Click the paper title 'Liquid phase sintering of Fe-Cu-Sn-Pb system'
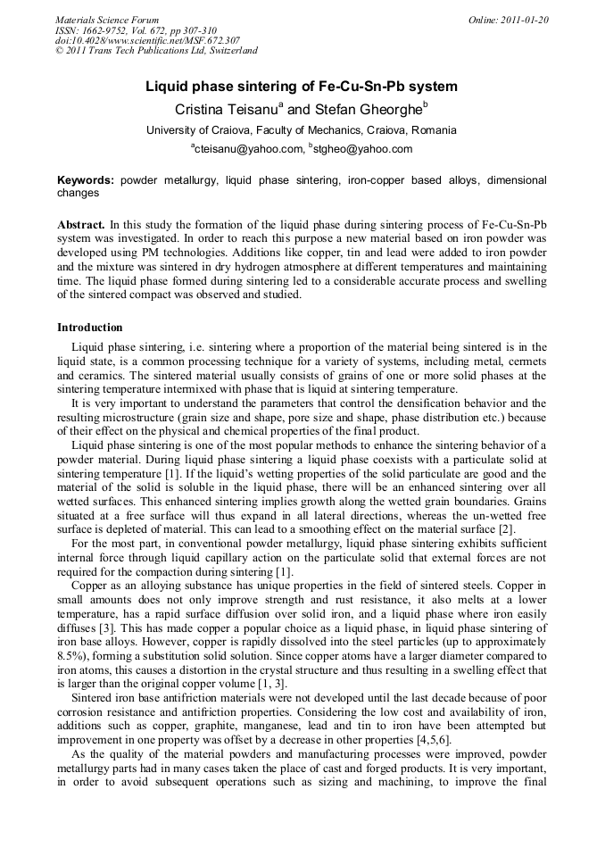pyautogui.click(x=302, y=87)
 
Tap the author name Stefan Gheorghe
pyautogui.click(x=361, y=109)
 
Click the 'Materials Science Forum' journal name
pyautogui.click(x=107, y=20)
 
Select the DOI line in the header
pyautogui.click(x=147, y=40)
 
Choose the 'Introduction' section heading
pyautogui.click(x=90, y=328)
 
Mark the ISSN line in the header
pyautogui.click(x=142, y=29)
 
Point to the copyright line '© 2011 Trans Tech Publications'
pyautogui.click(x=156, y=51)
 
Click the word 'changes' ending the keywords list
pyautogui.click(x=79, y=193)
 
